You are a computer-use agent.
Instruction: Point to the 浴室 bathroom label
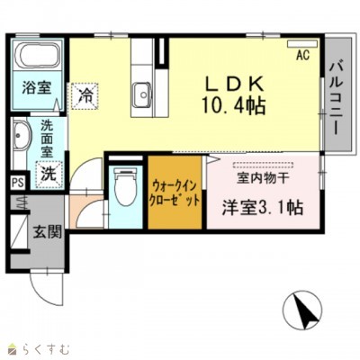click(36, 88)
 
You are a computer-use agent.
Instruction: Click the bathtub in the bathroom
click(37, 59)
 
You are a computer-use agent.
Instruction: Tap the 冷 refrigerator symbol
click(86, 93)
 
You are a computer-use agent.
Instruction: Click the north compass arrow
click(306, 313)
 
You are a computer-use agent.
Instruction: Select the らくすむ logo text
click(42, 346)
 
